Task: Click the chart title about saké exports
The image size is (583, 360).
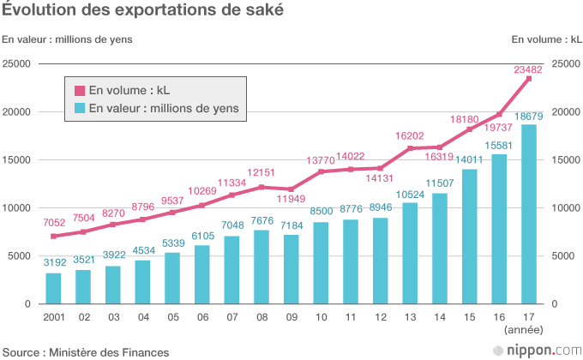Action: (142, 11)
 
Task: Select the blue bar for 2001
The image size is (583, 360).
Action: (53, 288)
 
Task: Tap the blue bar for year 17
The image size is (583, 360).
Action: (529, 214)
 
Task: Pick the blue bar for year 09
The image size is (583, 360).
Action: (291, 269)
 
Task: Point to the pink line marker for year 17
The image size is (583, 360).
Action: (529, 79)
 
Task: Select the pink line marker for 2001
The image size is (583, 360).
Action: (53, 236)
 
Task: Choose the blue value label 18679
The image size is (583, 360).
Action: (530, 116)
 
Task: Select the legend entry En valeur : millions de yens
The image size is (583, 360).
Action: (156, 108)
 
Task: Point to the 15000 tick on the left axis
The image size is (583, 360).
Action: (17, 160)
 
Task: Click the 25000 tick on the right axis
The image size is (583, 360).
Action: (567, 64)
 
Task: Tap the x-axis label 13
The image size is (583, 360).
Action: (410, 316)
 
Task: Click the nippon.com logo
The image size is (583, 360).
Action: (536, 350)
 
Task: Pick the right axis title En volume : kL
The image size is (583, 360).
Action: (545, 39)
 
